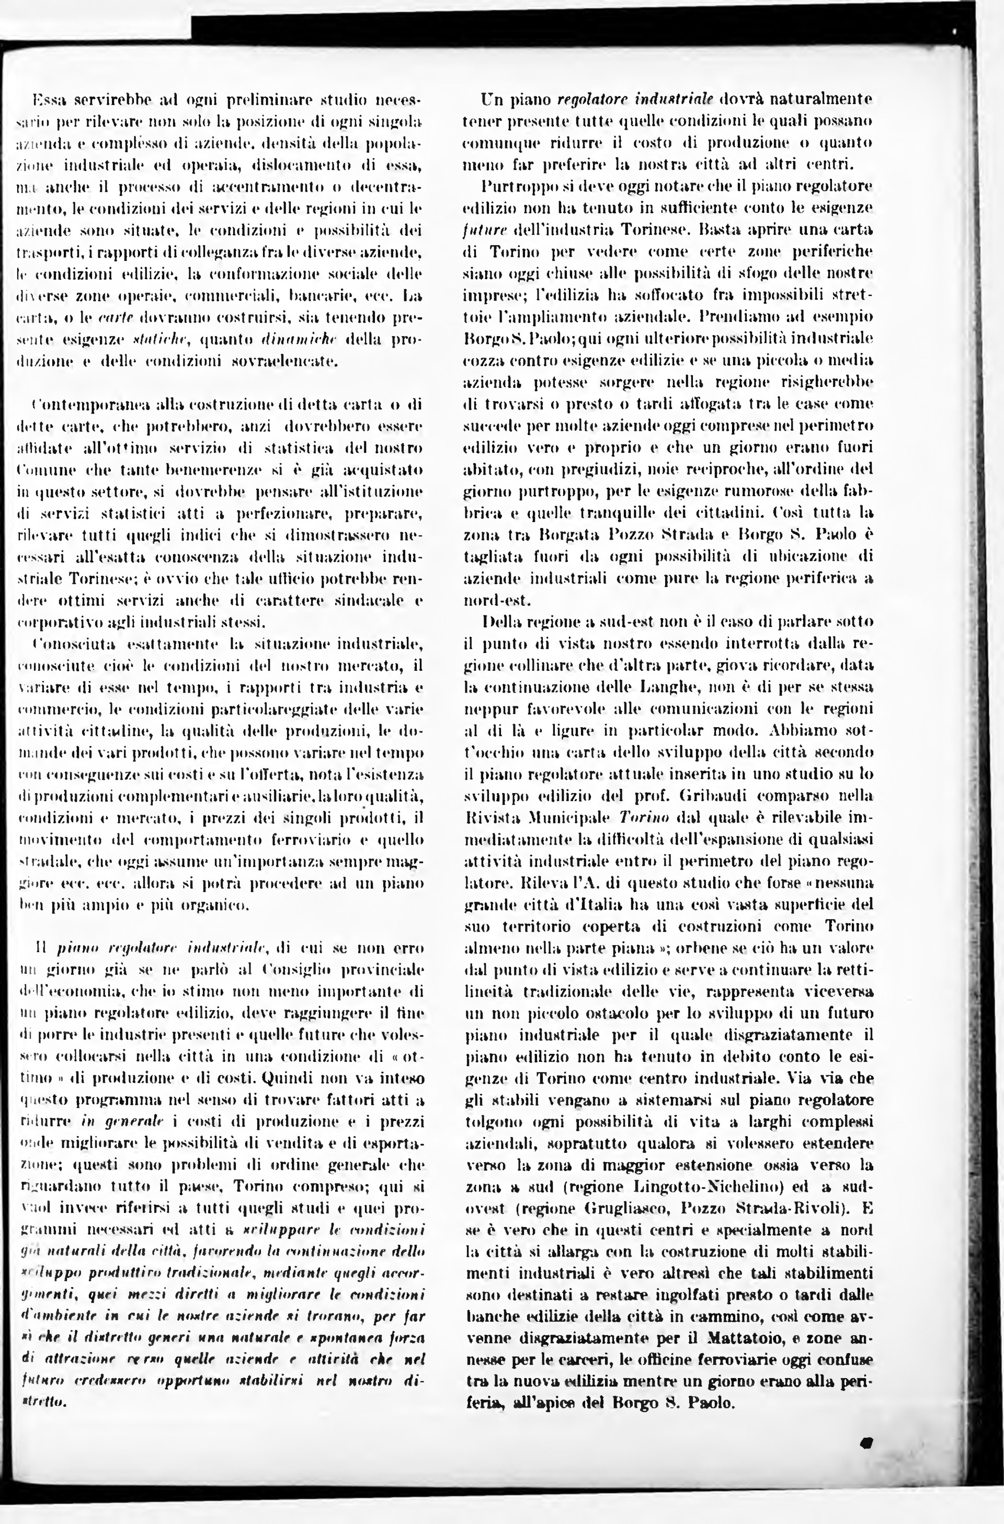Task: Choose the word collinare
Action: click(x=528, y=666)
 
